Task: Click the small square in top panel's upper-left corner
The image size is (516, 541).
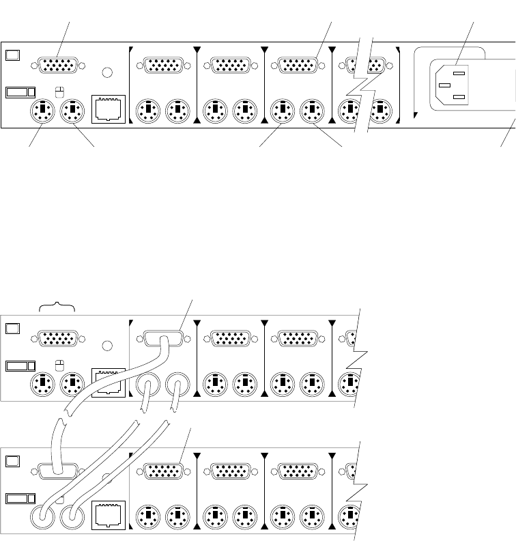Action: click(x=11, y=55)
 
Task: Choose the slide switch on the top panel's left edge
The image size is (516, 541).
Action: click(x=20, y=92)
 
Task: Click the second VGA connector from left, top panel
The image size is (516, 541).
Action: click(x=162, y=66)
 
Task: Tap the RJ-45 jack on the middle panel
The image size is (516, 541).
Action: click(x=108, y=381)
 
